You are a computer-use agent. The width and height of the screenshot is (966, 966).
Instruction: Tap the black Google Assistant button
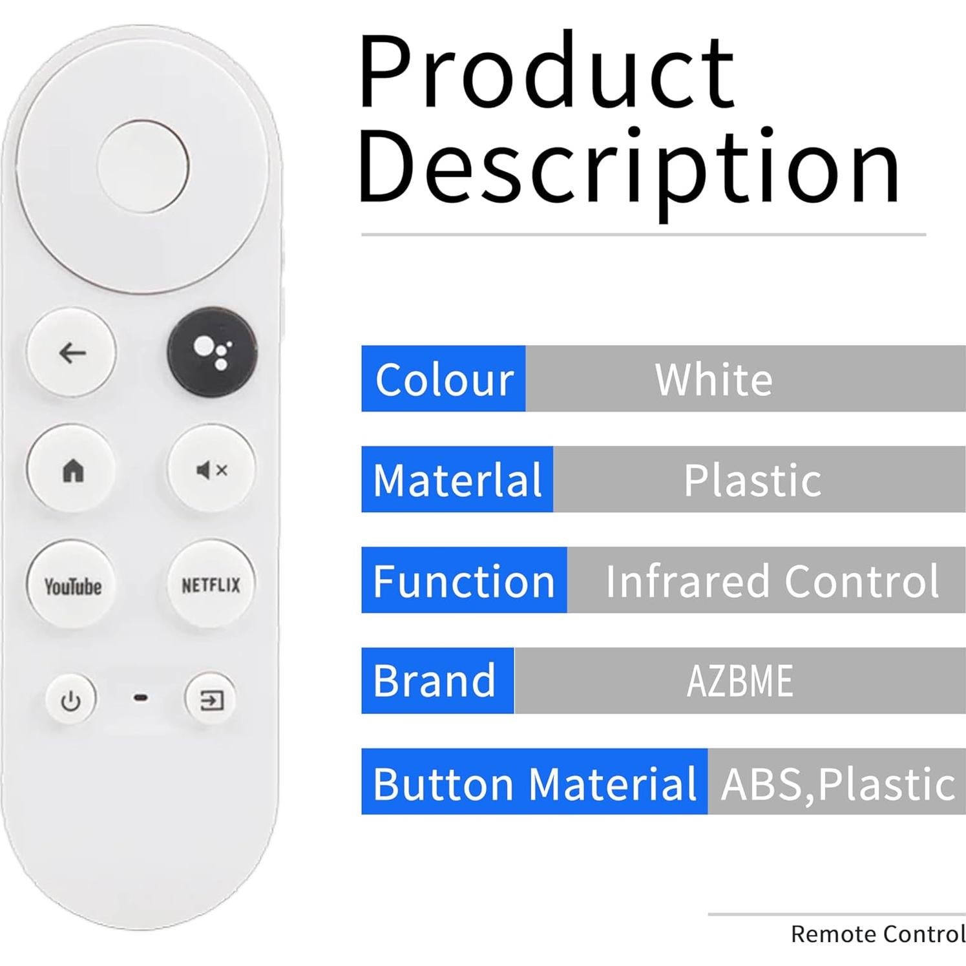[212, 352]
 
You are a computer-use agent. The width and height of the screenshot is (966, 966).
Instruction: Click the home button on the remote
[72, 469]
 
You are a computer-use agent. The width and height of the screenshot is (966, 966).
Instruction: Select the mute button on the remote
[211, 470]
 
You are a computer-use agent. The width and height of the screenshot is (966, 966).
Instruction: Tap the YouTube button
[72, 585]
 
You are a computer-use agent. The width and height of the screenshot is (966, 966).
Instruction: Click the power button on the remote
[70, 700]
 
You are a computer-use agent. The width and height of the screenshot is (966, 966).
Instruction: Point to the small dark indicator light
[140, 698]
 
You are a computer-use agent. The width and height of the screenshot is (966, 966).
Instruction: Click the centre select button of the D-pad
[143, 166]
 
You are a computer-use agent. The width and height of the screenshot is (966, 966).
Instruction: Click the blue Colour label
[444, 379]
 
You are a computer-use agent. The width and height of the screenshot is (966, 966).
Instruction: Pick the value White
[713, 379]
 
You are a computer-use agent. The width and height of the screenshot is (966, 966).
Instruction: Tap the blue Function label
[464, 580]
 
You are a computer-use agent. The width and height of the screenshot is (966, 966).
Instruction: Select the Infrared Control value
[772, 581]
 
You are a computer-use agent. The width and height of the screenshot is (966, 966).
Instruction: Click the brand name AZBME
[739, 681]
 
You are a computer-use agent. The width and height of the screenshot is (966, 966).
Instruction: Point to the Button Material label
[534, 782]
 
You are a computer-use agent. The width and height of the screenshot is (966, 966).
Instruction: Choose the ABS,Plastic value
[837, 782]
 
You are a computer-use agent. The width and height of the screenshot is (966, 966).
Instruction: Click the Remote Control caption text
[877, 934]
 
